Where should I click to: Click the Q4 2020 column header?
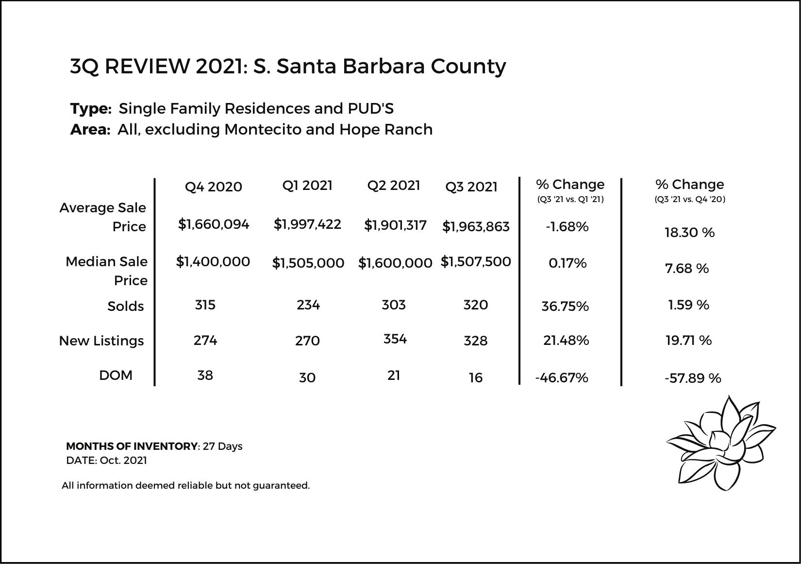tap(213, 187)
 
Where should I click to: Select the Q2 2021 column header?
tap(393, 186)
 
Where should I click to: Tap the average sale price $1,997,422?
tap(307, 224)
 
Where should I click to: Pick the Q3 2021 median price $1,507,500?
tap(476, 262)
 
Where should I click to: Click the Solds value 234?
tap(308, 305)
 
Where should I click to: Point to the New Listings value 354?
tap(395, 339)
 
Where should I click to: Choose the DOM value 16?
tap(476, 378)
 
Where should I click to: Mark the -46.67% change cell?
tap(562, 378)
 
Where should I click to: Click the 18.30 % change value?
tap(689, 233)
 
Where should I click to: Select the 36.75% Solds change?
tap(565, 307)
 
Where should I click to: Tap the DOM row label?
tap(116, 376)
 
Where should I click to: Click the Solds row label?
tap(125, 307)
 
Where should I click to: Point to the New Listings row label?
tap(101, 341)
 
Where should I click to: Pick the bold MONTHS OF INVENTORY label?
tap(132, 446)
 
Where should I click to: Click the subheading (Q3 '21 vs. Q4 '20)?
tap(689, 199)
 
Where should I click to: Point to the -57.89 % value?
tap(693, 378)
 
